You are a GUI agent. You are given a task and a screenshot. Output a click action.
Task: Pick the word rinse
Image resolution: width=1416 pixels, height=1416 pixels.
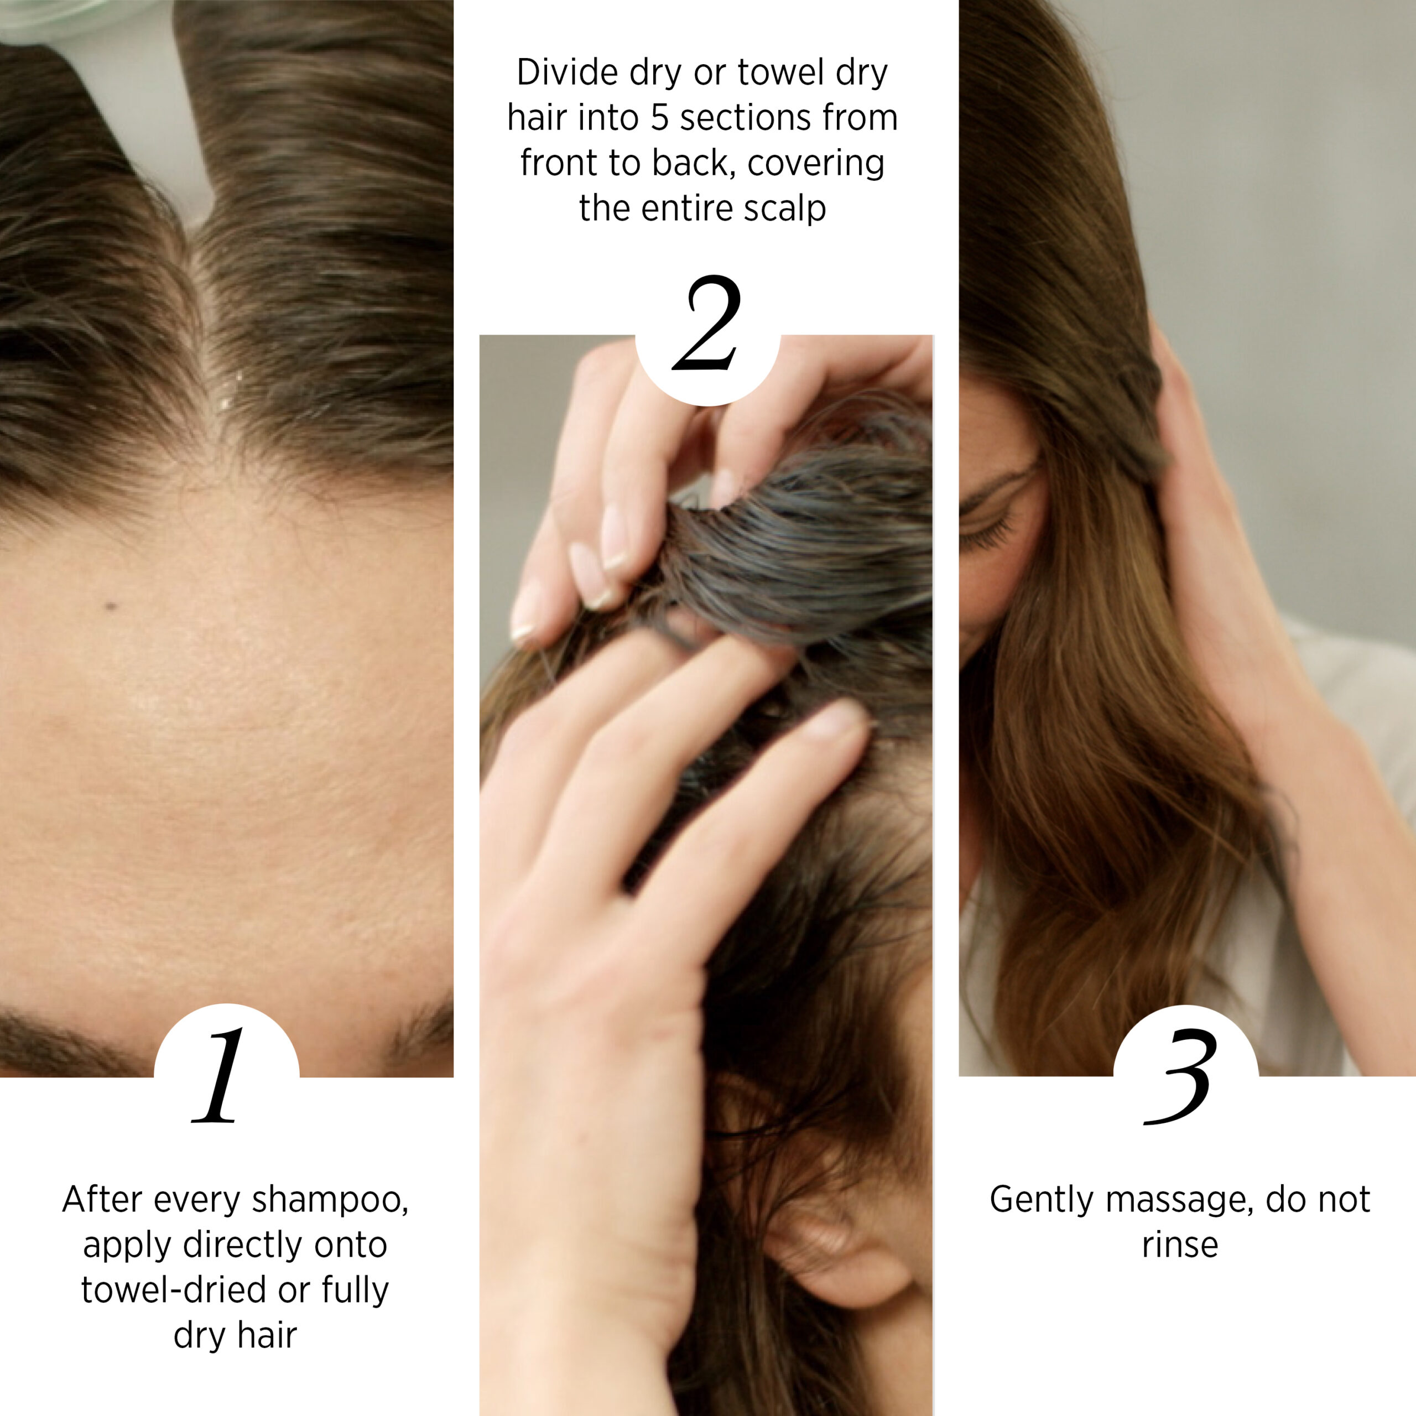click(x=1180, y=1245)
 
